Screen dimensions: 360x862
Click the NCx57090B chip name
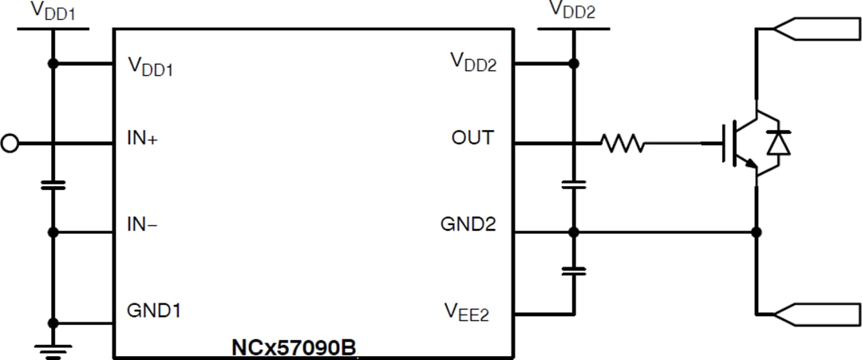coord(293,349)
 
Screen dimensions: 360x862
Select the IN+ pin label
coord(143,138)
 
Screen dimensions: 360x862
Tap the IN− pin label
coord(142,225)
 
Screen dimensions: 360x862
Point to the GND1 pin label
coord(153,310)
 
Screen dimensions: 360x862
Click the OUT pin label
coord(473,138)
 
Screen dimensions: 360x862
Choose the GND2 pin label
coord(468,225)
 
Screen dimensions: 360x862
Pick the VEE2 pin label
coord(467,311)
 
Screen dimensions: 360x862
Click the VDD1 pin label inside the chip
coord(151,67)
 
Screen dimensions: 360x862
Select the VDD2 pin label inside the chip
coord(473,62)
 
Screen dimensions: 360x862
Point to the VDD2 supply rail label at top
coord(572,10)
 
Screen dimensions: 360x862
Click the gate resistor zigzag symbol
coord(623,144)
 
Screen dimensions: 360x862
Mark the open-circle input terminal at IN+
coord(10,144)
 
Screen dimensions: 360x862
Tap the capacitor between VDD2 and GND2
coord(573,184)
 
